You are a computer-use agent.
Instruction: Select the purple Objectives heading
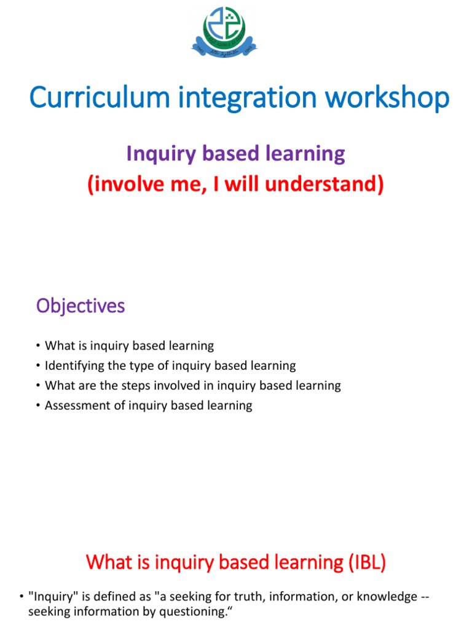(81, 306)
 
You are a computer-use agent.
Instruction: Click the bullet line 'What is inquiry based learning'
(129, 346)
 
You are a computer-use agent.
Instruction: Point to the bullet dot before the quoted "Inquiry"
(22, 597)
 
